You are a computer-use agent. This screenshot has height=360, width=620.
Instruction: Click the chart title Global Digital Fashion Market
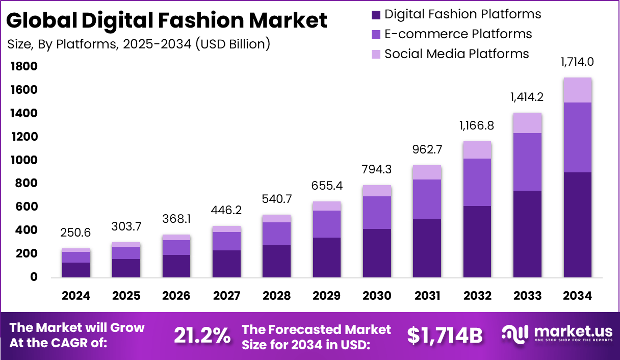[x=167, y=20]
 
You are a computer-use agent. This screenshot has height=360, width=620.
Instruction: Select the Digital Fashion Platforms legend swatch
[x=376, y=14]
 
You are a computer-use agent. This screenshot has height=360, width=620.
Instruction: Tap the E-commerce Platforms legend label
[x=458, y=34]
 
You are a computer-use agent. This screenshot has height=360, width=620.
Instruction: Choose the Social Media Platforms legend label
[x=456, y=54]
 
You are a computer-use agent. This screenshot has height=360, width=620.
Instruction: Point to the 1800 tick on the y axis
[x=23, y=67]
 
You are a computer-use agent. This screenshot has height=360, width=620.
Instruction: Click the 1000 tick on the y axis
[x=23, y=160]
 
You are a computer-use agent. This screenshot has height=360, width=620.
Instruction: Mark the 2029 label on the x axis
[x=327, y=296]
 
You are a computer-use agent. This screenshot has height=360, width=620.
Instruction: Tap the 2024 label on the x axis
[x=76, y=296]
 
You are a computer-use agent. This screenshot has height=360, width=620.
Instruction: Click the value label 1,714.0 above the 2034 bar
[x=577, y=62]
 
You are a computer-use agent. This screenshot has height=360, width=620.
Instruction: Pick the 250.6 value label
[x=76, y=233]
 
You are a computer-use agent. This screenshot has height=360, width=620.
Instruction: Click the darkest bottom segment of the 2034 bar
[x=577, y=224]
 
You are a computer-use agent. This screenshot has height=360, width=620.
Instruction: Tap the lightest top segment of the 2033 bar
[x=527, y=123]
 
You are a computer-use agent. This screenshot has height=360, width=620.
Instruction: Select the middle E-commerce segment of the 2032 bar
[x=477, y=182]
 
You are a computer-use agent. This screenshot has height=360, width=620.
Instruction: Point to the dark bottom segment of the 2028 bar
[x=276, y=261]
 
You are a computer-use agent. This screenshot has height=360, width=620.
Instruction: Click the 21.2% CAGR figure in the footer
[x=202, y=335]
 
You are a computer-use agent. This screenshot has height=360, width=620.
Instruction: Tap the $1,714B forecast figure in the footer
[x=445, y=335]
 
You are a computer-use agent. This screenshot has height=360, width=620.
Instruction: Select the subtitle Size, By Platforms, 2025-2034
[x=139, y=44]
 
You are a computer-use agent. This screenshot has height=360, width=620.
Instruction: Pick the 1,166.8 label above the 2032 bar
[x=477, y=125]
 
